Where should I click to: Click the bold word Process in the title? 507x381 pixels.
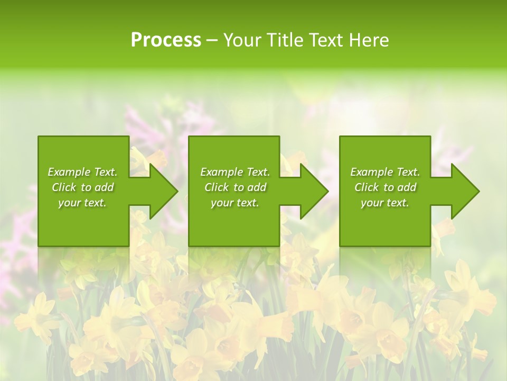tap(166, 40)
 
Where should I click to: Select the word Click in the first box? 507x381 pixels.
tap(64, 187)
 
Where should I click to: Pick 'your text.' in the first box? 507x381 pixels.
tap(82, 203)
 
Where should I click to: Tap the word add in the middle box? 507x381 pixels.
tap(257, 187)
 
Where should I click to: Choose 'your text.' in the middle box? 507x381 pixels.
tap(234, 203)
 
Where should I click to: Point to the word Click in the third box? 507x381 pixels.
tap(367, 187)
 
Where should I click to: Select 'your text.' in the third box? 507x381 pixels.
tap(384, 203)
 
